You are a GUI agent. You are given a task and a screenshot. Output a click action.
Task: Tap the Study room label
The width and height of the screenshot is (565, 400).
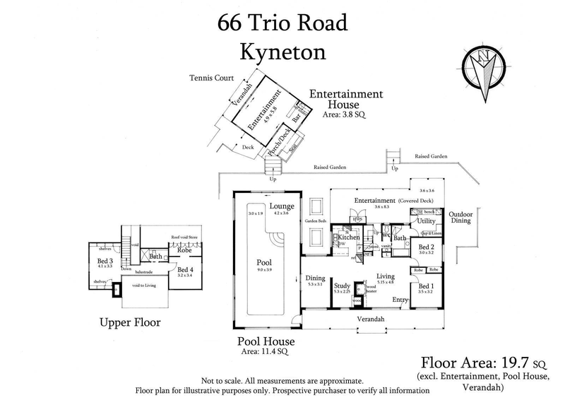[342, 286]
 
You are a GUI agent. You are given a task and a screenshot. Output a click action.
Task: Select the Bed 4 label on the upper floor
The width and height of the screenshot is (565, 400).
[186, 270]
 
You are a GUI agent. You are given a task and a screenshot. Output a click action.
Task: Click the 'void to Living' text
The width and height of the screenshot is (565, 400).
[145, 286]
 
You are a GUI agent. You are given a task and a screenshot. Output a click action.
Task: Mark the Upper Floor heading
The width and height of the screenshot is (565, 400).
[129, 323]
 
